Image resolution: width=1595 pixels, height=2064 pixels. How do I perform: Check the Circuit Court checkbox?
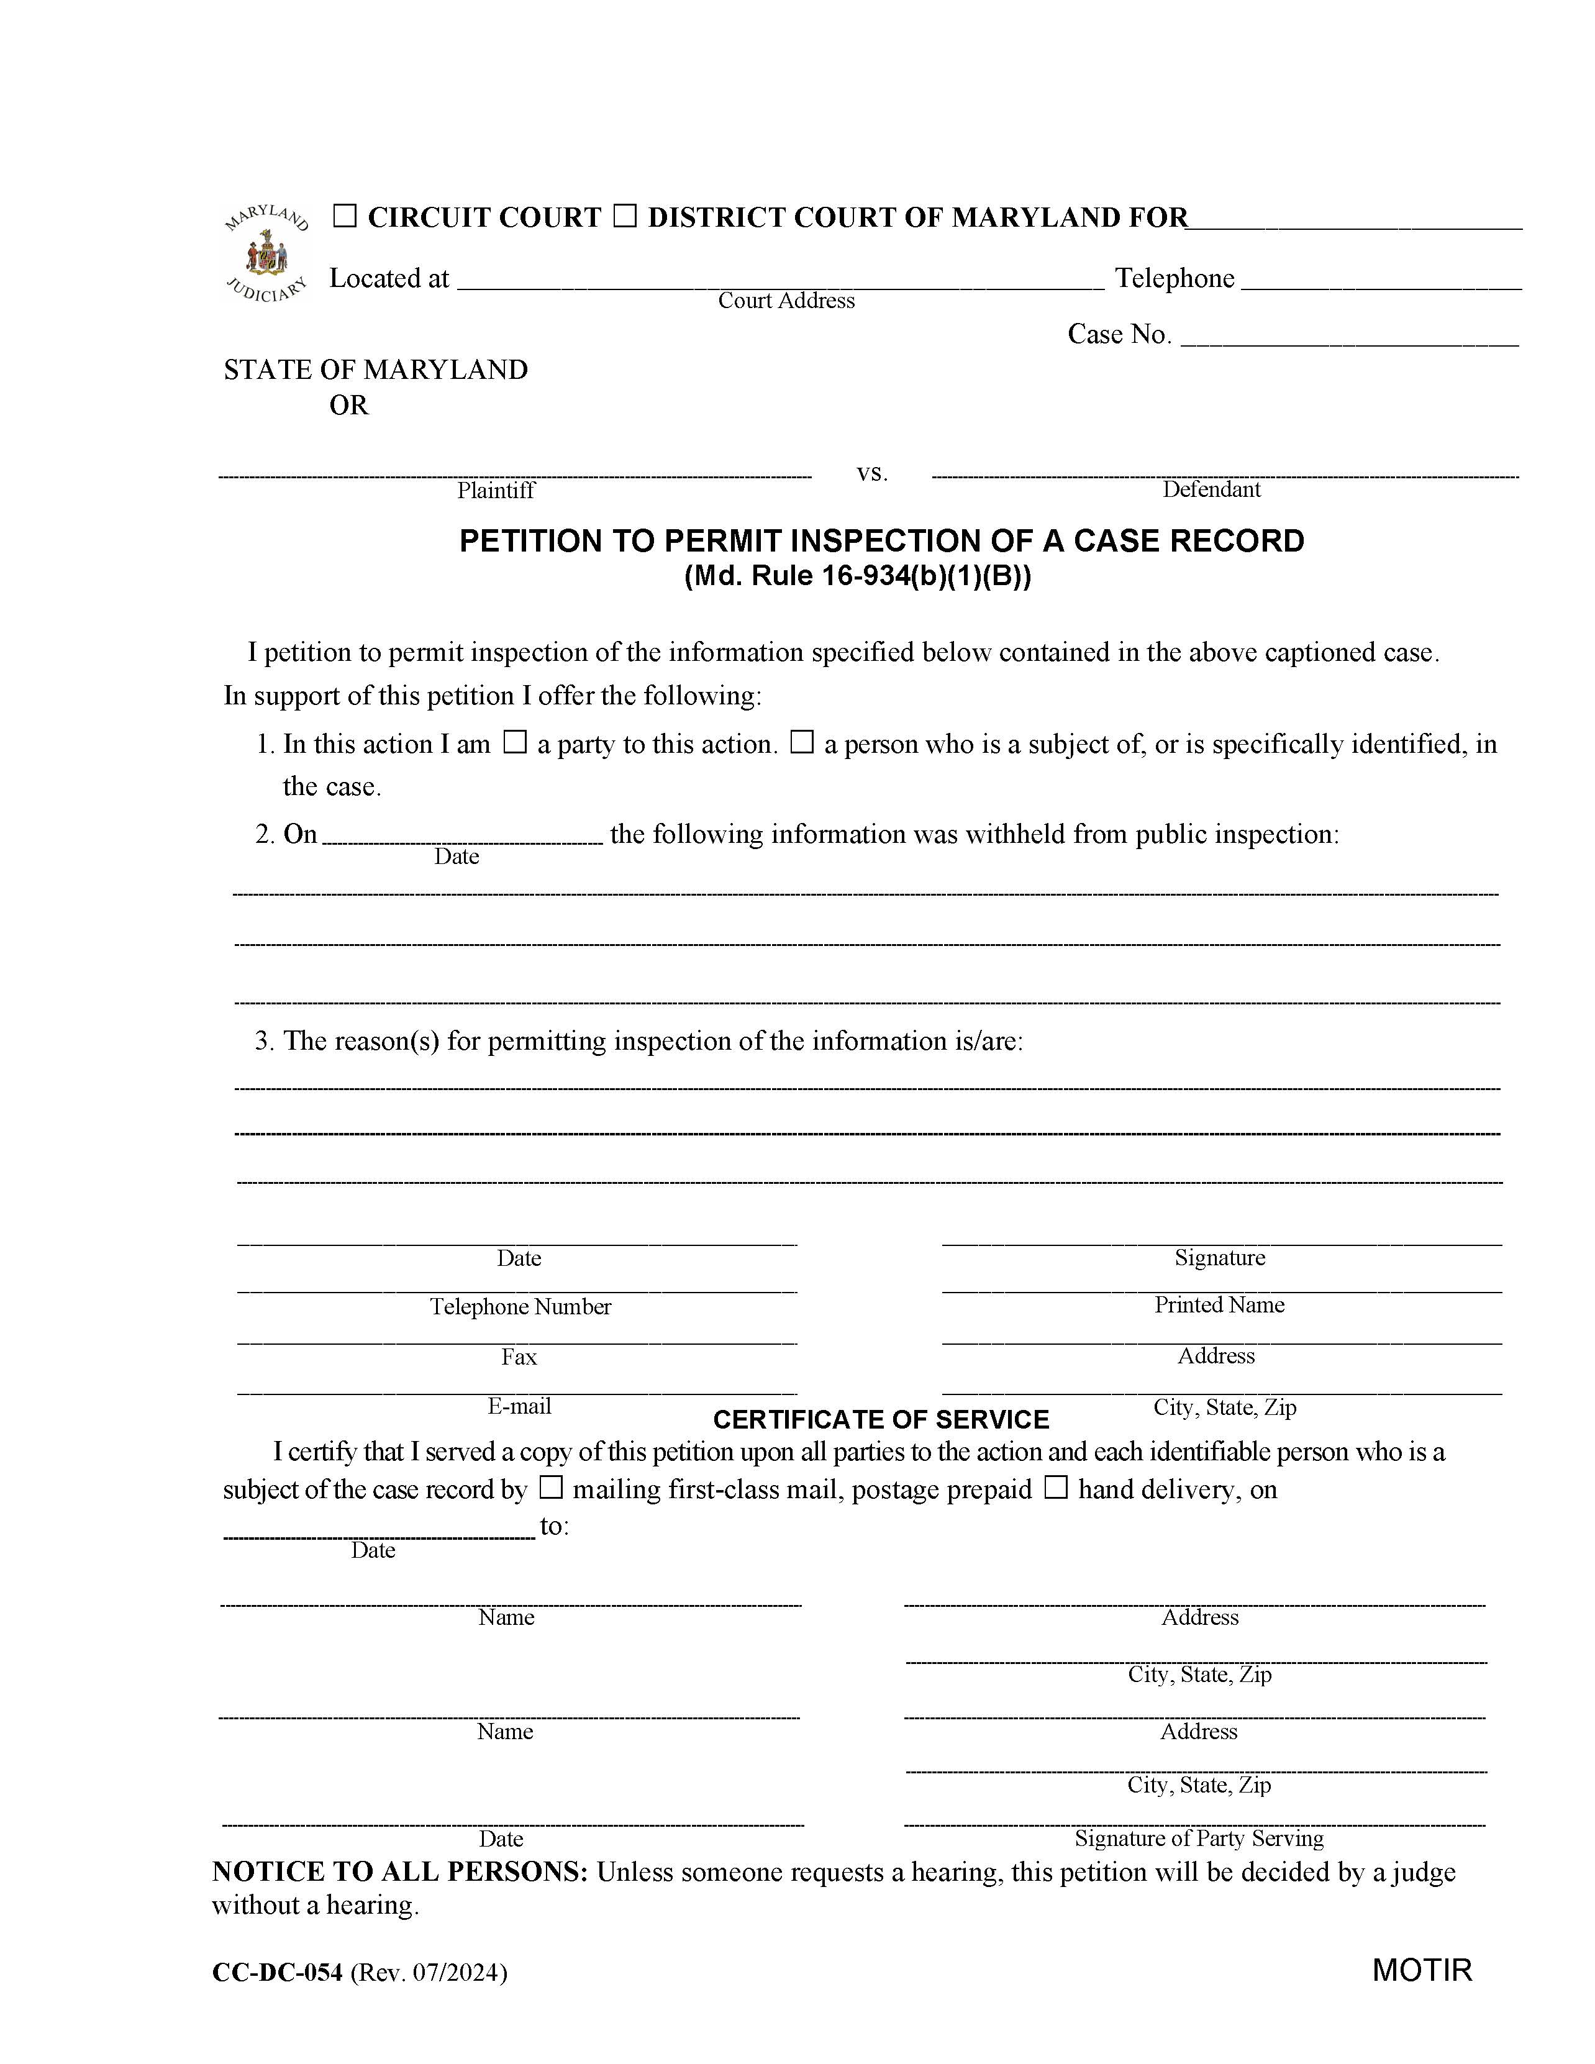345,217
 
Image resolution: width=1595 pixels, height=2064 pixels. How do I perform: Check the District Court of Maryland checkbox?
625,217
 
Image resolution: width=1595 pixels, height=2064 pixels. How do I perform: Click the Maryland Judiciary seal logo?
266,253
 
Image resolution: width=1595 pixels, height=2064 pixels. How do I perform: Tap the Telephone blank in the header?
1381,281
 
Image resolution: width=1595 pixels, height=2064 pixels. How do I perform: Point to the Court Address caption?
786,301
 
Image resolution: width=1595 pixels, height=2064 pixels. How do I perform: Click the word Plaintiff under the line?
496,489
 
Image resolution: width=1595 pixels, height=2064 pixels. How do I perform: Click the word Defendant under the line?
1211,489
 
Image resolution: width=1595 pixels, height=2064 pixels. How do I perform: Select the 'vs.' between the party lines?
872,473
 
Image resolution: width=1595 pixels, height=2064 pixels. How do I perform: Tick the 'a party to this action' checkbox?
514,743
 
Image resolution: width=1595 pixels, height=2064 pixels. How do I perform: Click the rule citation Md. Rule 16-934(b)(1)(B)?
857,576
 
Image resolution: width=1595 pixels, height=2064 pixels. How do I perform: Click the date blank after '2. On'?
462,835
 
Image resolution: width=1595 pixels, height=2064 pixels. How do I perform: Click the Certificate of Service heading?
881,1419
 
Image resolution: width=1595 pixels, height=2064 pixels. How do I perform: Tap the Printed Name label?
1219,1305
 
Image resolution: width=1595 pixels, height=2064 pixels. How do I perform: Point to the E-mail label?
519,1406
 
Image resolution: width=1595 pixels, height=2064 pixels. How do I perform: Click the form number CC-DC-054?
277,1972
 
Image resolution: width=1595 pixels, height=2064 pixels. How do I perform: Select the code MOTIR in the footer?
1422,1970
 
